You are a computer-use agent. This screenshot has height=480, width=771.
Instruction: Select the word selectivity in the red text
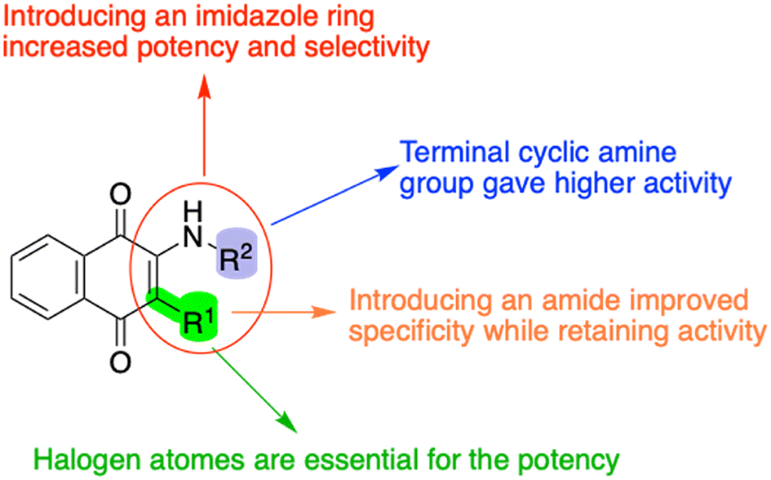(367, 48)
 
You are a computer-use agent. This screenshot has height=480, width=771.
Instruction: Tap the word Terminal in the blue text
(454, 152)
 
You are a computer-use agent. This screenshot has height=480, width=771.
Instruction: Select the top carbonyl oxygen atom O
(121, 195)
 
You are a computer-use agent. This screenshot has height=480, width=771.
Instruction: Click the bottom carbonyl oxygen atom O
(121, 362)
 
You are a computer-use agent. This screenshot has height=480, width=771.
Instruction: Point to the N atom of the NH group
(193, 238)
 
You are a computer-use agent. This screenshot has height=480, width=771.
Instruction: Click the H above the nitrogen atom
(193, 212)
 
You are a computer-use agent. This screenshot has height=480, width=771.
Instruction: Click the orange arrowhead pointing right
(325, 312)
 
